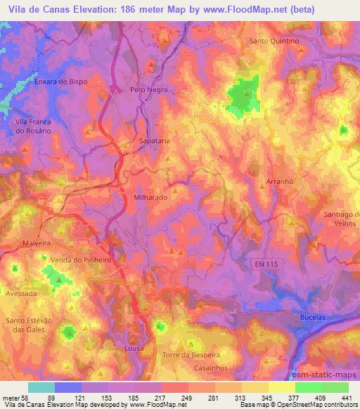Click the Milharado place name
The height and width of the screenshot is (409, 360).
pos(150,198)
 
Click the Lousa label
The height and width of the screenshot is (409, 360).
pos(132,349)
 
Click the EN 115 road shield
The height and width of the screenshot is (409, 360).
pos(264,263)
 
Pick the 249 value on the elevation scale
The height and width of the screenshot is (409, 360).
pos(187,398)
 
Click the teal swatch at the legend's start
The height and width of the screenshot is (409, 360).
pos(41,387)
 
